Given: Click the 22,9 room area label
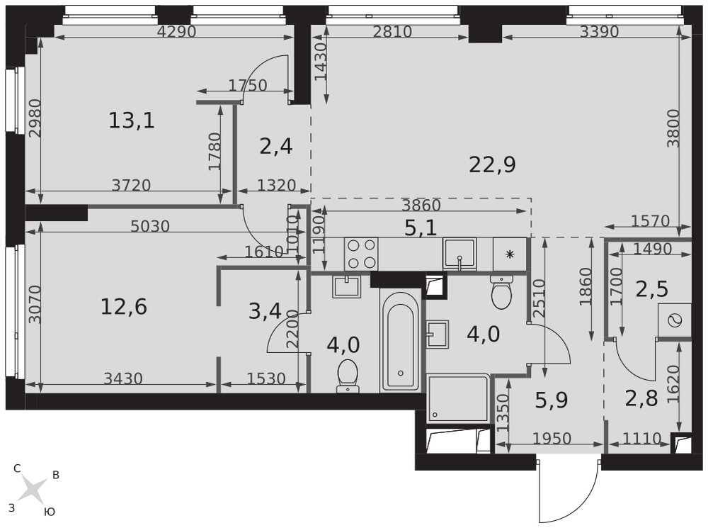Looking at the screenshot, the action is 492,165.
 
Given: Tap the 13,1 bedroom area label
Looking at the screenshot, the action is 132,120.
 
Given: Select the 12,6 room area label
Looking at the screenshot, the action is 124,308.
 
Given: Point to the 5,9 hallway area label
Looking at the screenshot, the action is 552,400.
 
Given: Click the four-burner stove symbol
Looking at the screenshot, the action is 361,254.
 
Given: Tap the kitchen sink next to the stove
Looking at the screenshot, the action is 459,254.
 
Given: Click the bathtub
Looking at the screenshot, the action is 401,341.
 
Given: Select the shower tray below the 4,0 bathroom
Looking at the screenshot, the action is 458,398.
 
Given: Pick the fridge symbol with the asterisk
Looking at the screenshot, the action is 510,254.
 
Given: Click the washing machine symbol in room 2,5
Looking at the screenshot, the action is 675,320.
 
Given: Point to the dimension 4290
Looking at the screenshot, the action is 176,32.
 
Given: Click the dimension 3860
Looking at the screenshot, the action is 421,206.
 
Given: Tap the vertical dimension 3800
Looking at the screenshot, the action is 673,128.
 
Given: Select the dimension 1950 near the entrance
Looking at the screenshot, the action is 552,439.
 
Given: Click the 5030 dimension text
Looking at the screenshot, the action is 150,226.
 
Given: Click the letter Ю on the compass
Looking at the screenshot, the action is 50,512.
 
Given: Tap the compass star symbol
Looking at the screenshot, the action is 32,490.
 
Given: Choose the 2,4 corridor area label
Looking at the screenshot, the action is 276,147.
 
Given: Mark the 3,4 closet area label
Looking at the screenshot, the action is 265,311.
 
